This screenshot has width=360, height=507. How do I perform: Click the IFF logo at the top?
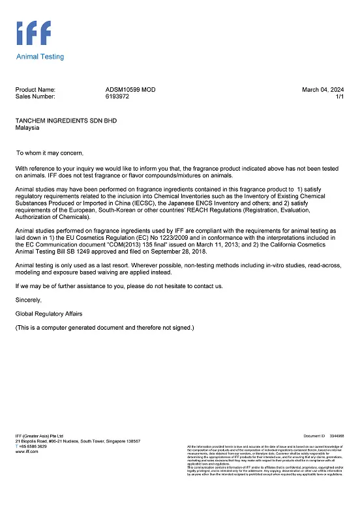pyautogui.click(x=33, y=33)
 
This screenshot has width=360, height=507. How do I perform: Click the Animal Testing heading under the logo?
pyautogui.click(x=40, y=57)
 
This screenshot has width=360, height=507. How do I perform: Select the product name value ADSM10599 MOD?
pyautogui.click(x=130, y=89)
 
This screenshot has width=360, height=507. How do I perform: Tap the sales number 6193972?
pyautogui.click(x=117, y=96)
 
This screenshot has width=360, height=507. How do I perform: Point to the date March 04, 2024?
pyautogui.click(x=323, y=89)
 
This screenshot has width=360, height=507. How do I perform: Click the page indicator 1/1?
pyautogui.click(x=339, y=96)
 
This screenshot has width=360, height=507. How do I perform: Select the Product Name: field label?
pyautogui.click(x=35, y=89)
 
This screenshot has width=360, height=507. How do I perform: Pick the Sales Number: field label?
pyautogui.click(x=35, y=96)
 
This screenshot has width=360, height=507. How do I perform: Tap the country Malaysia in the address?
pyautogui.click(x=27, y=128)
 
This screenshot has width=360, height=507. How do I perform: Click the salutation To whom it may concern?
pyautogui.click(x=50, y=153)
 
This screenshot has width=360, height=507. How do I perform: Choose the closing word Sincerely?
pyautogui.click(x=28, y=300)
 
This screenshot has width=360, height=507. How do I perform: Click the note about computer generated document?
pyautogui.click(x=104, y=327)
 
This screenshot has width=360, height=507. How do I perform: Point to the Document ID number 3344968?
pyautogui.click(x=337, y=435)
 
